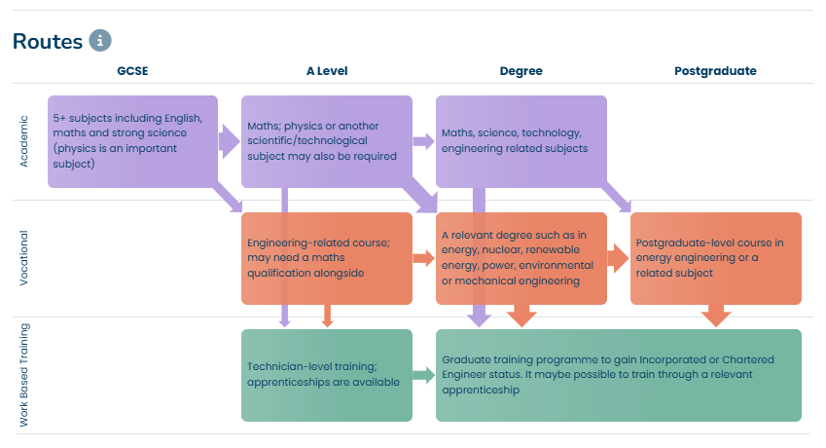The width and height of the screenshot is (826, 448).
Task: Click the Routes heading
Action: (47, 42)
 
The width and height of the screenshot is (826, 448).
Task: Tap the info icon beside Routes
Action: (100, 41)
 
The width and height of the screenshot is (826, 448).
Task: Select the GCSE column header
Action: (132, 71)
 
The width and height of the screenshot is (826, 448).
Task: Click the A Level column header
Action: (326, 71)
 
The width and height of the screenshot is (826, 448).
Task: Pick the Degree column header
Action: (521, 71)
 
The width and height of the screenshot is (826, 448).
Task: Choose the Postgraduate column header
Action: (715, 71)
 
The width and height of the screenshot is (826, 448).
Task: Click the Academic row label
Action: (25, 141)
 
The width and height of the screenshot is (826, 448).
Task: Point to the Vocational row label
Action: (25, 258)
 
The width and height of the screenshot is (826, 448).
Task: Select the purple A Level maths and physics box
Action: (326, 141)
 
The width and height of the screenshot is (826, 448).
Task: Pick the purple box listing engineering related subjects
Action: (521, 141)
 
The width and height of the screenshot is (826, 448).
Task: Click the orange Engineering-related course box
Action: (326, 258)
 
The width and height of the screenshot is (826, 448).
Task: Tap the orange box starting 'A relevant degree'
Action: (521, 258)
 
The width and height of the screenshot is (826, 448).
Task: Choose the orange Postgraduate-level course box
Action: (715, 258)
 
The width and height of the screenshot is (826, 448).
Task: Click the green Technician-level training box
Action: (326, 375)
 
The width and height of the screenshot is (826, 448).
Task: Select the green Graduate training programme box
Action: (618, 375)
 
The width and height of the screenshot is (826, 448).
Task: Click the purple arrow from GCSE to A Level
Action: (230, 141)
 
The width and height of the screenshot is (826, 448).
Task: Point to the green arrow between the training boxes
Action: (423, 375)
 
